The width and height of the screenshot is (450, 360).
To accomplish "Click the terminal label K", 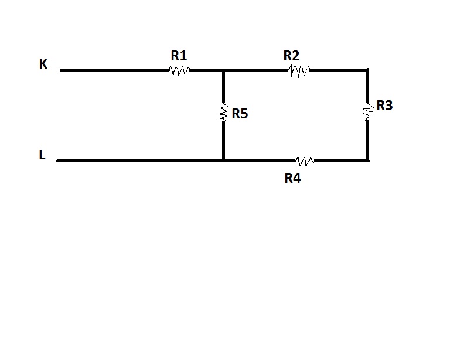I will click(x=43, y=64).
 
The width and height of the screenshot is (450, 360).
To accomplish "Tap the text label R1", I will click(x=179, y=56).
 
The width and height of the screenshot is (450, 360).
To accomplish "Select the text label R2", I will click(x=291, y=56).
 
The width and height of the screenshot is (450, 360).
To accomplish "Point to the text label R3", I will click(x=384, y=106).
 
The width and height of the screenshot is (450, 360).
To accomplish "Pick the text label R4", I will click(x=292, y=178).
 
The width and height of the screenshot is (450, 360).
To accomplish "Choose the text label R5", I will click(x=240, y=114).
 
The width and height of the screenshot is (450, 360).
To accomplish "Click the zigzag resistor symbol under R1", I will click(x=179, y=70).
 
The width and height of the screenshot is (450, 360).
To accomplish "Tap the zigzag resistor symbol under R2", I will click(x=299, y=70).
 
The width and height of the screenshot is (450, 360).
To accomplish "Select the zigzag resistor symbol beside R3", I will click(x=368, y=111).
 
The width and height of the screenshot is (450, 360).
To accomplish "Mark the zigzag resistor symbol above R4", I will click(x=305, y=160).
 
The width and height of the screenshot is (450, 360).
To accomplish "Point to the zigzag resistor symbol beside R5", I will click(x=223, y=113).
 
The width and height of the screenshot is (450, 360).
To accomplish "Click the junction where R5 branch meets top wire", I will click(x=223, y=70).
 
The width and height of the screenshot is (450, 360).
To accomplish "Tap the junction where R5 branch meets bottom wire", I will click(x=223, y=160).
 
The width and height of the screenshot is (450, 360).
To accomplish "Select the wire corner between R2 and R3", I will click(x=367, y=70).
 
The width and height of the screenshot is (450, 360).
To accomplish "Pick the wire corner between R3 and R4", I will click(x=367, y=160).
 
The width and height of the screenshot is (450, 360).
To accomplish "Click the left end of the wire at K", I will click(x=61, y=70).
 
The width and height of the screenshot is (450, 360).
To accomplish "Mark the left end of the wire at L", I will click(x=58, y=160).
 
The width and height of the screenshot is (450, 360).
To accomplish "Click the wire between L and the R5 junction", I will click(x=141, y=160).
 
